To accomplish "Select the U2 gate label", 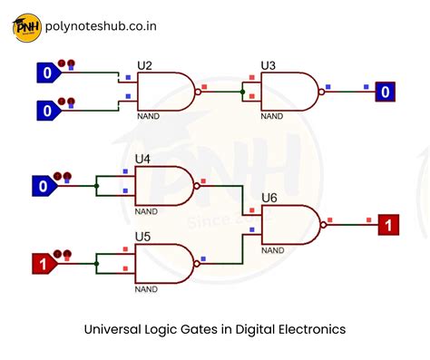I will (x=144, y=65).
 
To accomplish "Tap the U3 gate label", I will (x=268, y=65).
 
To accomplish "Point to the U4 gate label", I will (x=142, y=160).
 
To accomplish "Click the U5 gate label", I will (x=142, y=238).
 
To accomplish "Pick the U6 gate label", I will (x=269, y=197).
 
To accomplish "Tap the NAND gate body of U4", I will (x=163, y=186).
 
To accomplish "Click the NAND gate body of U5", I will (x=163, y=265).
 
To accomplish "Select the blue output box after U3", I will (x=386, y=92).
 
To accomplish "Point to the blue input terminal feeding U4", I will (x=41, y=187).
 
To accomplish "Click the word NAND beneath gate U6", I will (x=273, y=249).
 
